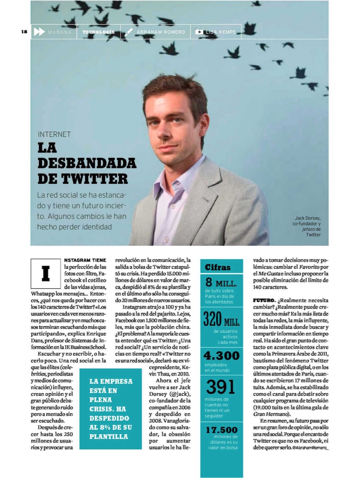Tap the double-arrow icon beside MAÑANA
pyautogui.click(x=39, y=32)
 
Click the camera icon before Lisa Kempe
pyautogui.click(x=199, y=32)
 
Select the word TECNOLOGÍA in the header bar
pyautogui.click(x=98, y=32)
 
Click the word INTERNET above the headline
pyautogui.click(x=54, y=134)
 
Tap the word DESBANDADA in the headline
pyautogui.click(x=87, y=163)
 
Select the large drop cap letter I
pyautogui.click(x=46, y=274)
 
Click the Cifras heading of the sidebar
pyautogui.click(x=218, y=268)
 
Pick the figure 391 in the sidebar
pyautogui.click(x=221, y=387)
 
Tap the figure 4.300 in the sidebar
pyautogui.click(x=222, y=355)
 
